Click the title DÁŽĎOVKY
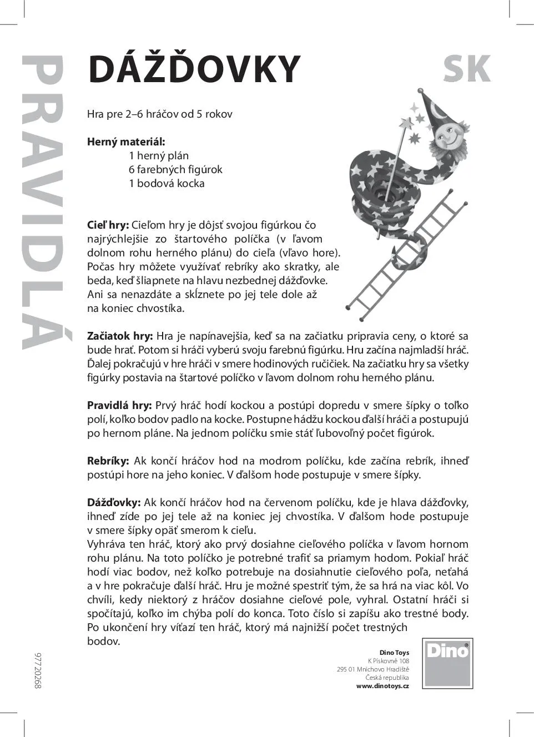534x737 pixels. pyautogui.click(x=194, y=69)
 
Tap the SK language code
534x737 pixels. pyautogui.click(x=467, y=69)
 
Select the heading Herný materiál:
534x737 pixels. pyautogui.click(x=126, y=142)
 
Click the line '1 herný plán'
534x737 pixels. pyautogui.click(x=159, y=155)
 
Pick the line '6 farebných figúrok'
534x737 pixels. pyautogui.click(x=175, y=169)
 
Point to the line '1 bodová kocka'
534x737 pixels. pyautogui.click(x=167, y=183)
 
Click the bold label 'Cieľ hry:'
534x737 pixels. pyautogui.click(x=108, y=225)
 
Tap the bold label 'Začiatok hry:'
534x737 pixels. pyautogui.click(x=120, y=336)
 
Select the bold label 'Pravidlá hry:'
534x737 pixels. pyautogui.click(x=119, y=405)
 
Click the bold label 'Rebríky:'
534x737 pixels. pyautogui.click(x=108, y=461)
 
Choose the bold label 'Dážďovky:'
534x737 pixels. pyautogui.click(x=114, y=502)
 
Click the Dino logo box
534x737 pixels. pyautogui.click(x=447, y=663)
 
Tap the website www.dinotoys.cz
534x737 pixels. pyautogui.click(x=382, y=686)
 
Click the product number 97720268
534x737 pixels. pyautogui.click(x=38, y=670)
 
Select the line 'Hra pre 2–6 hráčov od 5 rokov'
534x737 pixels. pyautogui.click(x=160, y=114)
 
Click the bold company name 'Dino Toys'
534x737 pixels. pyautogui.click(x=394, y=653)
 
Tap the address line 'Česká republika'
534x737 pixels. pyautogui.click(x=387, y=678)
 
